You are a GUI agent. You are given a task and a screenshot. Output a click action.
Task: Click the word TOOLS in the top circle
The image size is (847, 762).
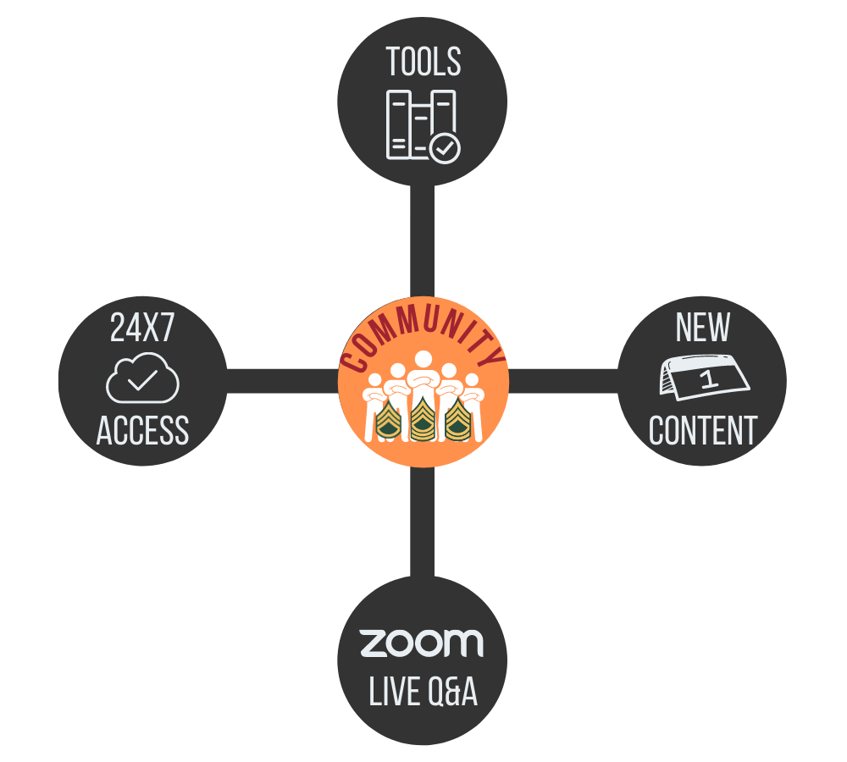pos(423,63)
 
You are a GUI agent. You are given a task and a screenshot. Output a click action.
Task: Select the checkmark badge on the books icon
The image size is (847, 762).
pos(445,149)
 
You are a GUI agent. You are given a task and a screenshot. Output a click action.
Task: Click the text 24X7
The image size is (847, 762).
pos(142,329)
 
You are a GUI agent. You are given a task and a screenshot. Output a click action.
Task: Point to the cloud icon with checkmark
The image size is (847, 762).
pos(142,378)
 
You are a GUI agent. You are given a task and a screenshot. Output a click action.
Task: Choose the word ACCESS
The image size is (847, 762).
pos(142,431)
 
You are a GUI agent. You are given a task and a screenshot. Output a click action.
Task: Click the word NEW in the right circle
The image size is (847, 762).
pos(703,329)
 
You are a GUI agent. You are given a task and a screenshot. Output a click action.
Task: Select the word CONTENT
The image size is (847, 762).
pos(703,431)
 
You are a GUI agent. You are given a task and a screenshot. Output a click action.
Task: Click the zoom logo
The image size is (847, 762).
pos(422,643)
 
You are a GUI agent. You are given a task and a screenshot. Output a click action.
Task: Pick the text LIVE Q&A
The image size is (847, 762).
pos(423,693)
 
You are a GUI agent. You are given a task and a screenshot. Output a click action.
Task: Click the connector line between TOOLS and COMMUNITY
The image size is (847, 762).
pos(422,241)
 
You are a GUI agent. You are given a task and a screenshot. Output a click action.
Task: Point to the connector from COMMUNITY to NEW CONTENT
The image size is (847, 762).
pos(563,381)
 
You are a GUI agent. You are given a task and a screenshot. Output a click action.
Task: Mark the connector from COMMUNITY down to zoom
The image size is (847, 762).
pos(422,521)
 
